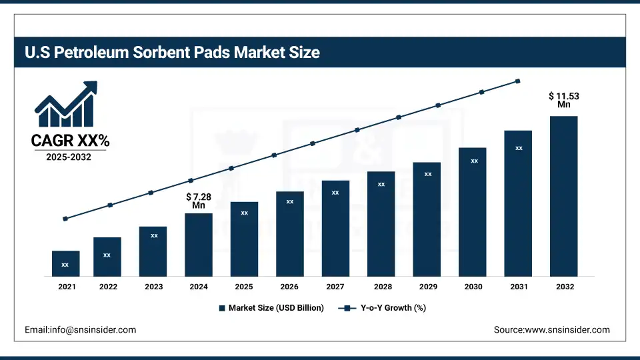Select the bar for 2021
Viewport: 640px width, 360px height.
point(65,263)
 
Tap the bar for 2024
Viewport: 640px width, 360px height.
point(199,244)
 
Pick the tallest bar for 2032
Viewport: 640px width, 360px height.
point(563,196)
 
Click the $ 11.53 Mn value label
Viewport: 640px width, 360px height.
point(564,100)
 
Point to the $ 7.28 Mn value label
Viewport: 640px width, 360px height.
point(199,201)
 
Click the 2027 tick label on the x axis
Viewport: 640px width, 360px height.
point(335,287)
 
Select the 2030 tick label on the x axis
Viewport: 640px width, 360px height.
point(473,287)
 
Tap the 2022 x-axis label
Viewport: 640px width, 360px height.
point(108,287)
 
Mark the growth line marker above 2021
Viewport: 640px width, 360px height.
point(65,219)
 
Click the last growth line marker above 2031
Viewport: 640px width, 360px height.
point(518,81)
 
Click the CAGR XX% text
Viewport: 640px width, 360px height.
point(70,141)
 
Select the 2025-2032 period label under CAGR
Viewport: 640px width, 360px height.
point(70,157)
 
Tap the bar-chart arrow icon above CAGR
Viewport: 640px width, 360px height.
point(66,105)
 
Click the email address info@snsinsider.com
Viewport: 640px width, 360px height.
point(80,330)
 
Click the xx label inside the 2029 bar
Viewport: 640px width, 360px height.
point(428,174)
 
